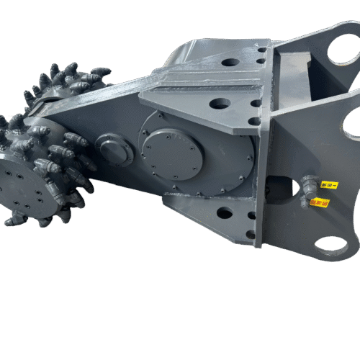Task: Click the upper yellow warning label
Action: point(328,186)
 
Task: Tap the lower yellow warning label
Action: point(318,202)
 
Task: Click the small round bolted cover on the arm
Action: point(114,150)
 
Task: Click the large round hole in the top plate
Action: point(230,62)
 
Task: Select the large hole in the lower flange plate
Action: point(225,213)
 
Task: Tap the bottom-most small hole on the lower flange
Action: point(250,234)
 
